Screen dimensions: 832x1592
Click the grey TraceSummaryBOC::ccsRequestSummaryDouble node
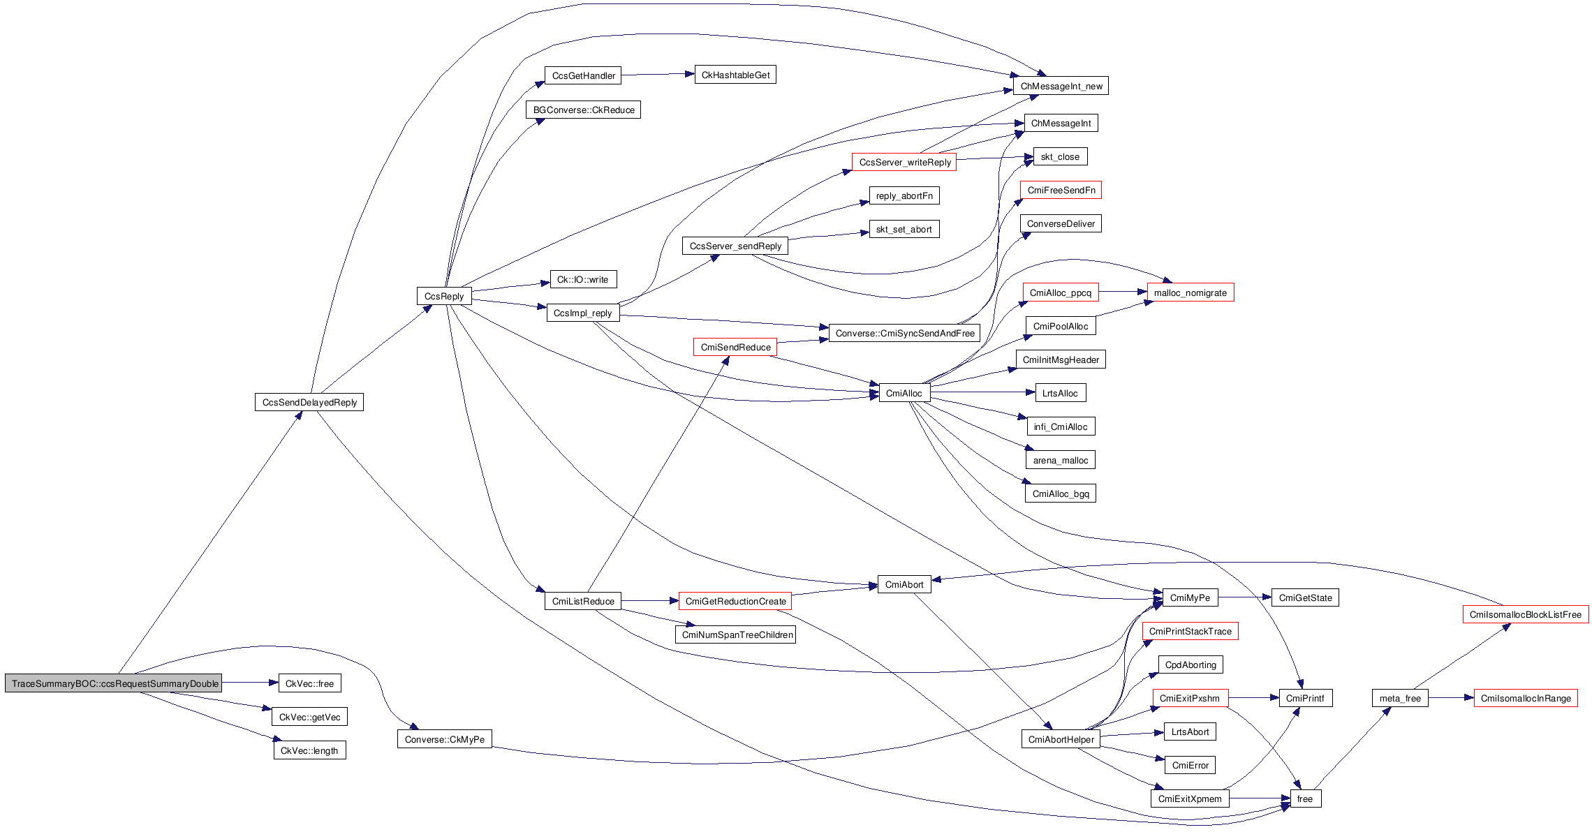(x=113, y=683)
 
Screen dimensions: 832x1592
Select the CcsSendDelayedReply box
(x=309, y=402)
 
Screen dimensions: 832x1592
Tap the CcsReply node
(x=443, y=296)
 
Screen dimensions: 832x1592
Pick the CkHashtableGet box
(x=735, y=75)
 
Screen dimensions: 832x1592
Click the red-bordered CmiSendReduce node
(x=735, y=347)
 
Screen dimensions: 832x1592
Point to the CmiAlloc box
(x=904, y=393)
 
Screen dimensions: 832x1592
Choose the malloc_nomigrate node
(x=1190, y=292)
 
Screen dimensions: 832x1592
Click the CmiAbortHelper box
(x=1061, y=739)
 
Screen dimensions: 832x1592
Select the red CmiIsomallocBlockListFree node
(x=1525, y=614)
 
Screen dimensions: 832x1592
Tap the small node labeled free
(x=1304, y=798)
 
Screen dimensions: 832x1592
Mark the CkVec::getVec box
(x=309, y=717)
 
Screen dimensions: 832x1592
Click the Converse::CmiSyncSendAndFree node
(x=904, y=333)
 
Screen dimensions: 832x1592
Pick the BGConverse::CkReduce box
(x=583, y=110)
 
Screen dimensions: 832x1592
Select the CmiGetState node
(x=1304, y=597)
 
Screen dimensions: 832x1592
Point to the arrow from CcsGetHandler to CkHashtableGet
(x=656, y=74)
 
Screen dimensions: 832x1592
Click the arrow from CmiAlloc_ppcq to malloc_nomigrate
(x=1123, y=292)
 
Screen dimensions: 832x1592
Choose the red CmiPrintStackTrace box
(x=1190, y=631)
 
